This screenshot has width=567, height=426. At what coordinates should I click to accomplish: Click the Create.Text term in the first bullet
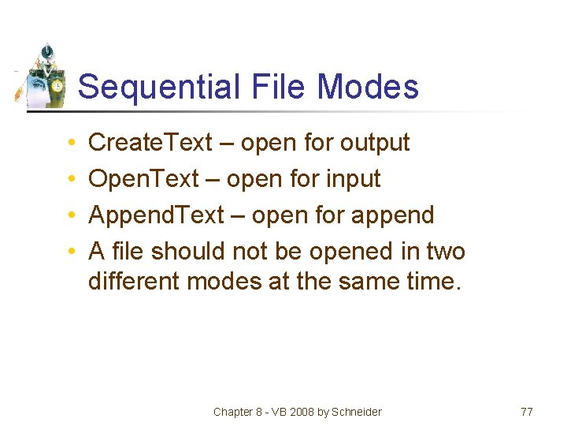pyautogui.click(x=150, y=143)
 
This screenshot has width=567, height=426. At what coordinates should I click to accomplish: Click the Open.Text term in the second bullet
pyautogui.click(x=143, y=179)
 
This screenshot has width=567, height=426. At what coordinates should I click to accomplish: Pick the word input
pyautogui.click(x=350, y=179)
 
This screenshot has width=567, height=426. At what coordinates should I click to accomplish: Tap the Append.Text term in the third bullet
pyautogui.click(x=156, y=215)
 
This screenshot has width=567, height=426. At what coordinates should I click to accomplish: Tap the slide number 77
pyautogui.click(x=527, y=412)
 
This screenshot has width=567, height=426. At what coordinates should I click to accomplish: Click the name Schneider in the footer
pyautogui.click(x=358, y=412)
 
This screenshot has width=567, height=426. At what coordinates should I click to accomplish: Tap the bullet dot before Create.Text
pyautogui.click(x=71, y=144)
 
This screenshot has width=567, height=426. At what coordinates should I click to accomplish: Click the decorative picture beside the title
pyautogui.click(x=44, y=77)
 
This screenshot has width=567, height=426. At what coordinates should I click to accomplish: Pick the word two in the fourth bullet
pyautogui.click(x=445, y=252)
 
